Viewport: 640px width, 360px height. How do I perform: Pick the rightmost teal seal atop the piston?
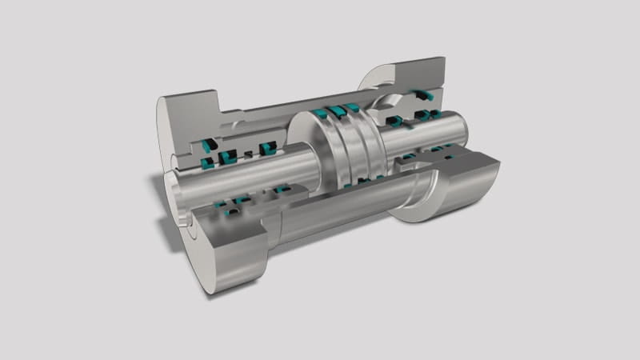(x=352, y=106)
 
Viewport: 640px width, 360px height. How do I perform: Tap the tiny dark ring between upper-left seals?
(x=248, y=151)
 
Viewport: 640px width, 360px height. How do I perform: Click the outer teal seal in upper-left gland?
(x=209, y=145)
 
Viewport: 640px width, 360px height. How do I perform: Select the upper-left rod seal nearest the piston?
(x=269, y=146)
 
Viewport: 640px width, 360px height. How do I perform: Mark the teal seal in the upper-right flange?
(x=424, y=94)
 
